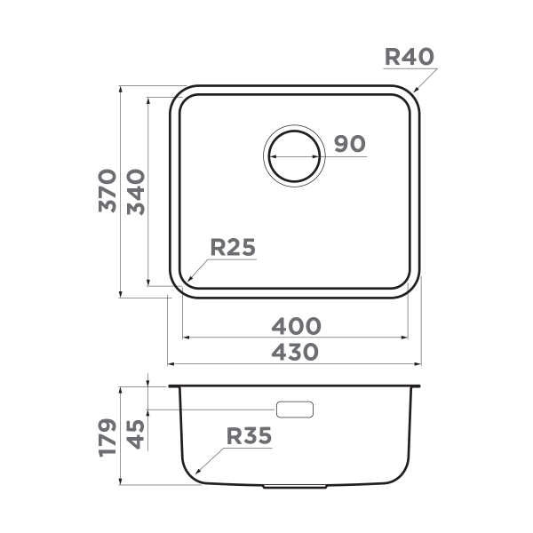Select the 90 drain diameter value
click(350, 144)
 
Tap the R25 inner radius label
click(233, 248)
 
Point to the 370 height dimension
click(107, 190)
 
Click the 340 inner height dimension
click(135, 190)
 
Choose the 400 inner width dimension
click(297, 326)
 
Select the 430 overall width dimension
click(297, 352)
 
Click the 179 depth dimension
click(107, 437)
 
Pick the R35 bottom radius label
click(248, 436)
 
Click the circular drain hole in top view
click(294, 155)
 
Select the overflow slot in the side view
click(295, 410)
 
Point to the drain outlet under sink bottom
click(297, 487)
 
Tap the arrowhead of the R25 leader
click(189, 281)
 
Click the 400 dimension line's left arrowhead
click(185, 338)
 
